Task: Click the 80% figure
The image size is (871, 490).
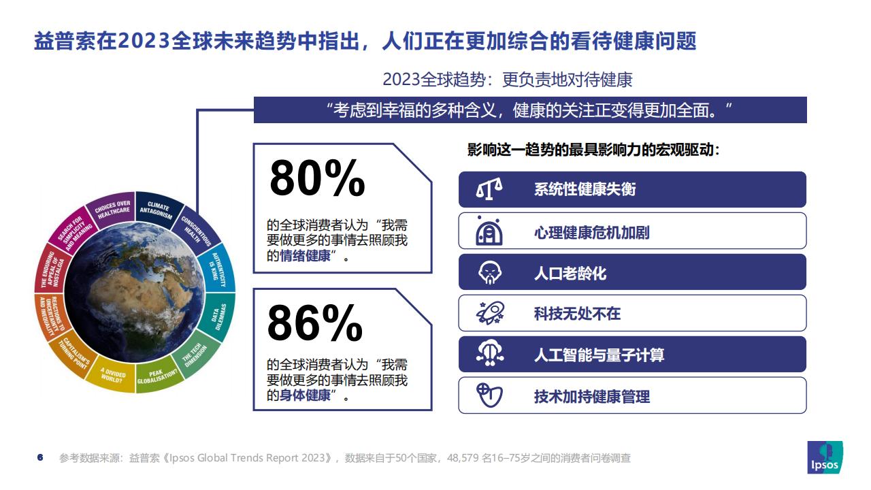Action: pyautogui.click(x=317, y=178)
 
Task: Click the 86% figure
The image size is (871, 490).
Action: pyautogui.click(x=315, y=323)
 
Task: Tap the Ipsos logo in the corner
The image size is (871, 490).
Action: pyautogui.click(x=825, y=457)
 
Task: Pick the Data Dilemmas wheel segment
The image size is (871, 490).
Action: pyautogui.click(x=218, y=316)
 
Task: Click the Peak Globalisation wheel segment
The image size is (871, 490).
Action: pyautogui.click(x=157, y=375)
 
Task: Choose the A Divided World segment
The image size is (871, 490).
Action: pyautogui.click(x=112, y=374)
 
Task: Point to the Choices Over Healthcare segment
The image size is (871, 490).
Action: pyautogui.click(x=112, y=209)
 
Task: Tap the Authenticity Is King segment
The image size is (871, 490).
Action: pyautogui.click(x=218, y=269)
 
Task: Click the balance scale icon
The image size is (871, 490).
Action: pyautogui.click(x=489, y=189)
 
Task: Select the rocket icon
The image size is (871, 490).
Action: pyautogui.click(x=490, y=313)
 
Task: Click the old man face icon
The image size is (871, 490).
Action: pyautogui.click(x=489, y=272)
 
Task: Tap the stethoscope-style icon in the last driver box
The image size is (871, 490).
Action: pyautogui.click(x=489, y=395)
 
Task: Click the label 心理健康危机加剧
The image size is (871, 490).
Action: pyautogui.click(x=591, y=233)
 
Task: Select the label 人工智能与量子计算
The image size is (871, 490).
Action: pyautogui.click(x=599, y=355)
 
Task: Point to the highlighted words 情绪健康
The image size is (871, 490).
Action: pyautogui.click(x=306, y=256)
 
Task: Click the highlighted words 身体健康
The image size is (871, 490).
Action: pyautogui.click(x=306, y=395)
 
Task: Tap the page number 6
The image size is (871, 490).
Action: pyautogui.click(x=40, y=457)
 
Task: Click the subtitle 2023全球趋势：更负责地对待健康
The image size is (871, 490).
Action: pyautogui.click(x=508, y=80)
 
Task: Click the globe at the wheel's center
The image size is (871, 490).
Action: pyautogui.click(x=135, y=293)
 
